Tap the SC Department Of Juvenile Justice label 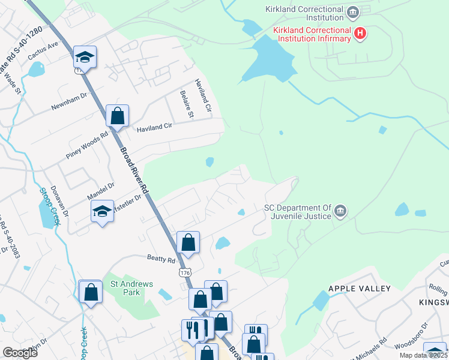pos(298,212)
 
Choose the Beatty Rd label pos(160,260)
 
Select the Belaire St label pos(185,104)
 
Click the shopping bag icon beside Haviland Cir pos(118,115)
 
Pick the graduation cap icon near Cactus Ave pos(85,57)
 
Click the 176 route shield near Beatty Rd pos(185,272)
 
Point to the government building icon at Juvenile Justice pos(340,210)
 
